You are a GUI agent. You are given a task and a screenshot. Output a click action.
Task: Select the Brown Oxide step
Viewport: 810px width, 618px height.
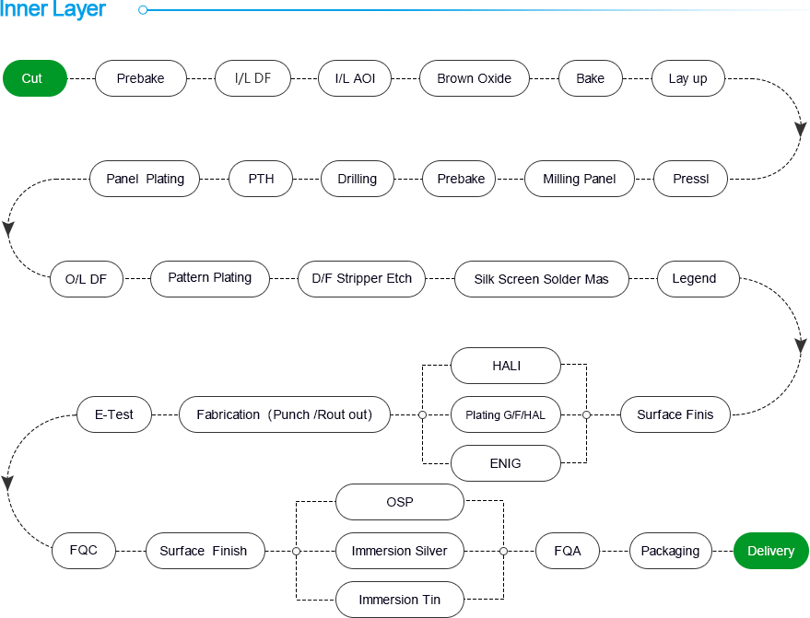click(x=474, y=78)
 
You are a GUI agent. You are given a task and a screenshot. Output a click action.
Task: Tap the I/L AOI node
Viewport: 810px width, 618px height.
click(x=355, y=78)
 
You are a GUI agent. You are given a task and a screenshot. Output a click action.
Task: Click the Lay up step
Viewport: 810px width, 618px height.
click(x=687, y=78)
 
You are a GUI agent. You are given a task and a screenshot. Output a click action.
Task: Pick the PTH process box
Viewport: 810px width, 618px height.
click(x=261, y=179)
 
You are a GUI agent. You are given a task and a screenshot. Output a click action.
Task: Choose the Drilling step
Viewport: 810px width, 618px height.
click(x=357, y=179)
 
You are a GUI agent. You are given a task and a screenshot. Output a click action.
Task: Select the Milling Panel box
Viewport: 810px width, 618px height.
click(x=579, y=179)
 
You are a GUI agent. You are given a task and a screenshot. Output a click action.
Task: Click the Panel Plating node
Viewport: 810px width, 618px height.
click(x=145, y=179)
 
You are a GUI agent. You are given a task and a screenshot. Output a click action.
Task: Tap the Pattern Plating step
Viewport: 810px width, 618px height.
click(x=209, y=277)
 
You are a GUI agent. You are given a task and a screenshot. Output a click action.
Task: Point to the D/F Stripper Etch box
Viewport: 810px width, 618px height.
click(x=361, y=278)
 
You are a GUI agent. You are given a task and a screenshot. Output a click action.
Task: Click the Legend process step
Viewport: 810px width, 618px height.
click(x=693, y=278)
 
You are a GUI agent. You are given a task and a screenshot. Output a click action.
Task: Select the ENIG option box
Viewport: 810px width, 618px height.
click(x=505, y=463)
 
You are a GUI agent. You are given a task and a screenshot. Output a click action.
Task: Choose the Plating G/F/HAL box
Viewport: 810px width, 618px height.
click(x=505, y=414)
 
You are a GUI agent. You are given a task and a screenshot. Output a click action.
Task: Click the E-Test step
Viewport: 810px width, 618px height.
click(x=114, y=414)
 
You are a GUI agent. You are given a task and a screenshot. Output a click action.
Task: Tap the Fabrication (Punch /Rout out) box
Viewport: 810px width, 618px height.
click(x=284, y=414)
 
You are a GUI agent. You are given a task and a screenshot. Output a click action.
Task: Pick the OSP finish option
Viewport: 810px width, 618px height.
click(x=399, y=502)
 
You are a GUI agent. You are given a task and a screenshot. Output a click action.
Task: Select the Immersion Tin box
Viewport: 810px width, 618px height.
click(x=399, y=600)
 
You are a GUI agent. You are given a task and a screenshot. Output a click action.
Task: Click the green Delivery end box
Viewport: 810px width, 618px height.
click(x=770, y=551)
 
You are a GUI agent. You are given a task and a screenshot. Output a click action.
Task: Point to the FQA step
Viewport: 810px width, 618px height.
click(x=568, y=551)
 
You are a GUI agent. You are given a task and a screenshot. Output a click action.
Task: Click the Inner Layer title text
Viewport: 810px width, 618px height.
click(x=53, y=11)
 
